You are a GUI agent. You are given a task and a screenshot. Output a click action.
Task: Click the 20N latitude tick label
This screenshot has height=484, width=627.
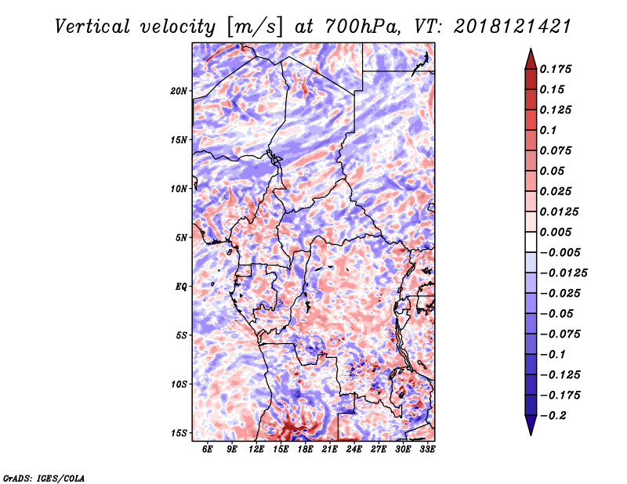pos(179,91)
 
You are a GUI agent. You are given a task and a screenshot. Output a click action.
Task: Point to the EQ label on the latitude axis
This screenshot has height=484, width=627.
pos(181,287)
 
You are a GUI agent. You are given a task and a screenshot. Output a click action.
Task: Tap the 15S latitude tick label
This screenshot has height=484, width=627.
pos(179,433)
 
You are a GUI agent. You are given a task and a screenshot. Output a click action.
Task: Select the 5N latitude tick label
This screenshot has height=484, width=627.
pos(181,238)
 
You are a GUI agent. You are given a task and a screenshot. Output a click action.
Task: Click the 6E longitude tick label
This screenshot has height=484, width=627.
pos(207,449)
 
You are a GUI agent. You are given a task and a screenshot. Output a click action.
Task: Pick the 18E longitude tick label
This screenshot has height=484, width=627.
pos(305,449)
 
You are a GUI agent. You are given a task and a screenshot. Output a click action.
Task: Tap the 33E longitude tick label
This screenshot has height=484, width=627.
pos(427,449)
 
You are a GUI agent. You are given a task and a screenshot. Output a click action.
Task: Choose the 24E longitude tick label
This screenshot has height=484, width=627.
pos(354,449)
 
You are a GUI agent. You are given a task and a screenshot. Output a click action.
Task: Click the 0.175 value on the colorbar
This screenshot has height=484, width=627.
pos(556,69)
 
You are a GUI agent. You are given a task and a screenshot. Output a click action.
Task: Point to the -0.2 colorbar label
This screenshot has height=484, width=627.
pos(553,416)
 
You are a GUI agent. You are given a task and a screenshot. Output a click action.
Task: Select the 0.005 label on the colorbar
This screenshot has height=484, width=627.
pos(556,232)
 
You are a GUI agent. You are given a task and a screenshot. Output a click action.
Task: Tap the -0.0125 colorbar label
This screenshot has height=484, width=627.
pos(564,273)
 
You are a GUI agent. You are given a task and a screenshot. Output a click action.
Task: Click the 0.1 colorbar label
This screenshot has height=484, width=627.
pos(548,130)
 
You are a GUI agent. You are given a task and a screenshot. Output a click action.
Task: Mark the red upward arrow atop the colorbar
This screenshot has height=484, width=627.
pos(531,59)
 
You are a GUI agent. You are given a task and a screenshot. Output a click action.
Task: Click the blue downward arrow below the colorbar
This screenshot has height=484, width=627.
pos(531,425)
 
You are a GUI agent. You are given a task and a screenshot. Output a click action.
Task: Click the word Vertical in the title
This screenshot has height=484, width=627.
pos(92,27)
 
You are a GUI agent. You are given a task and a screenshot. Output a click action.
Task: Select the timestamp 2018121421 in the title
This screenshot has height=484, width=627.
pos(513,27)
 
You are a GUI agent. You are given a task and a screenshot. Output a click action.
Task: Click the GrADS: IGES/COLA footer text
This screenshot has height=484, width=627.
pos(44,478)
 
